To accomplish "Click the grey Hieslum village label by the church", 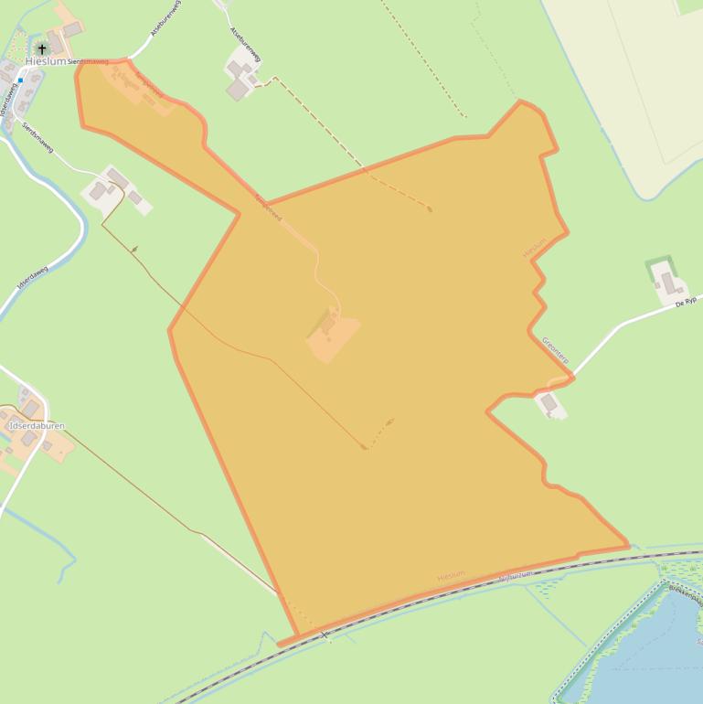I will pos(45,61).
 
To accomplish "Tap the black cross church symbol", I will pos(42,48).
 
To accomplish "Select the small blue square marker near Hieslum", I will pos(19,80).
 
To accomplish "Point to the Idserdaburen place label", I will pos(37,426).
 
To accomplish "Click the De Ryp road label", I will pos(686,301).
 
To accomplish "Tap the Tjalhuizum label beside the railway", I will pos(516,575).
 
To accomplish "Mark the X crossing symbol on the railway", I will pos(324,635).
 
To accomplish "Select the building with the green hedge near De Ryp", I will pos(666,282).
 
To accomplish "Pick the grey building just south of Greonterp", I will pos(549,402).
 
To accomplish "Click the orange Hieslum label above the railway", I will pos(451,575).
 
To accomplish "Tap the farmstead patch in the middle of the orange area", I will pos(333,331).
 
